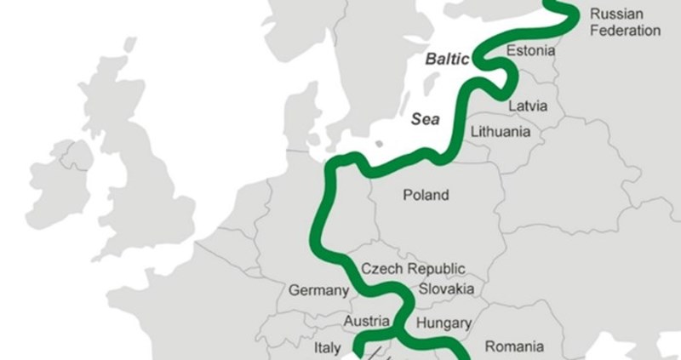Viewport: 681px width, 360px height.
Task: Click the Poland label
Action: point(426,195)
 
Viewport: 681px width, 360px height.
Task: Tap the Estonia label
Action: point(530,51)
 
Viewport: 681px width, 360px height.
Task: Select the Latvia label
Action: point(529,106)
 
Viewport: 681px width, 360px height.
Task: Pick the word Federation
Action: point(625,31)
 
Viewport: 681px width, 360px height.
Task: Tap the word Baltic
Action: point(447,61)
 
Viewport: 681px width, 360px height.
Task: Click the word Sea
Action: point(426,120)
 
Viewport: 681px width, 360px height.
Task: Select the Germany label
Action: point(318,290)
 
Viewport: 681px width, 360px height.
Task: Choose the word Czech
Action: point(381,268)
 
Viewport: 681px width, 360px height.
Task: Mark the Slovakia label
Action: point(447,289)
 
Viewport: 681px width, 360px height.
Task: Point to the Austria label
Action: point(366,322)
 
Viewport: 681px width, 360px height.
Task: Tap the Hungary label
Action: point(444,323)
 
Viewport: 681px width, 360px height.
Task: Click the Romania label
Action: point(514,346)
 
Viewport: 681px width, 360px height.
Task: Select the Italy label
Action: point(328,348)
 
